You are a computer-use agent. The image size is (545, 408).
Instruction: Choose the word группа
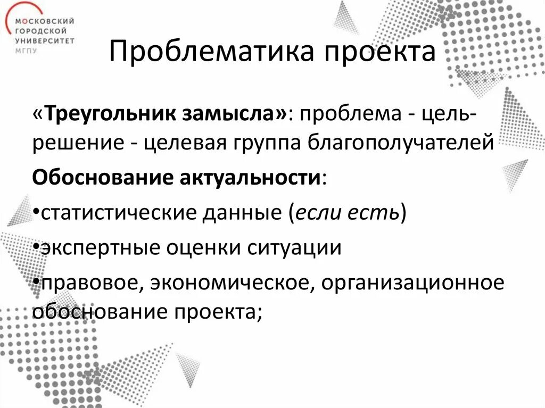point(271,143)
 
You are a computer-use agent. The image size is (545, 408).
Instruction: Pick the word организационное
point(412,283)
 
